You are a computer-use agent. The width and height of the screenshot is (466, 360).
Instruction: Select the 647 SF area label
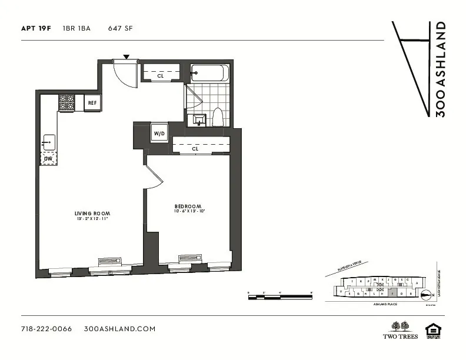point(121,28)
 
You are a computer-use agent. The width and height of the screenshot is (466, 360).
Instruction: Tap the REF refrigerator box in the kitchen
point(92,103)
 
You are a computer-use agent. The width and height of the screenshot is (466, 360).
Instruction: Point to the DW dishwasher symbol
point(48,159)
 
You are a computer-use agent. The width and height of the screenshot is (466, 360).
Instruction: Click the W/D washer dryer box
point(159,134)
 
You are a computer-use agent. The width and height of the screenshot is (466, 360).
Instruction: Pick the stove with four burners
point(66,103)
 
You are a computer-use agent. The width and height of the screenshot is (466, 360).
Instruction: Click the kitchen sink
point(48,142)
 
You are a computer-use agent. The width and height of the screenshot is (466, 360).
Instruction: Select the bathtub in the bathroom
point(209,74)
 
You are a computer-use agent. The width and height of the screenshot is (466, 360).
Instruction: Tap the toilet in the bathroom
point(217,116)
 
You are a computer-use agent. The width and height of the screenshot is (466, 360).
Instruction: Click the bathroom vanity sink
point(197,119)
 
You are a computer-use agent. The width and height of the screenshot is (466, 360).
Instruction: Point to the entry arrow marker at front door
point(126,57)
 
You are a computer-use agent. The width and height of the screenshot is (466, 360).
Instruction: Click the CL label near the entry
point(160,76)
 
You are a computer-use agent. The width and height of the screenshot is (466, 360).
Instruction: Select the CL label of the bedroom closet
point(195,149)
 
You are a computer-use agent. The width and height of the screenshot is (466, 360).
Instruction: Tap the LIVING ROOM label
point(92,213)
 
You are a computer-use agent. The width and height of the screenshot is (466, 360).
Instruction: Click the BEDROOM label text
point(188,206)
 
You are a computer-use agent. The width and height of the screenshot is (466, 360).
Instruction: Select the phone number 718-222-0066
point(46,329)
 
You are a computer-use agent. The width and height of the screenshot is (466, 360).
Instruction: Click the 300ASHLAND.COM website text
point(120,329)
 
